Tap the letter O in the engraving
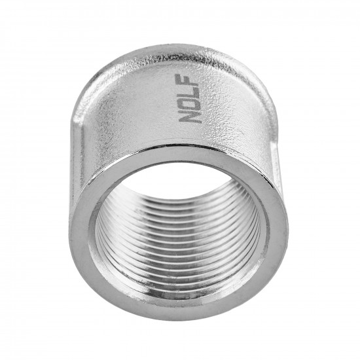[x=190, y=104]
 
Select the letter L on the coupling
[x=190, y=92]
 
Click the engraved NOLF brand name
[x=190, y=99]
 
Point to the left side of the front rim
[x=81, y=239]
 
